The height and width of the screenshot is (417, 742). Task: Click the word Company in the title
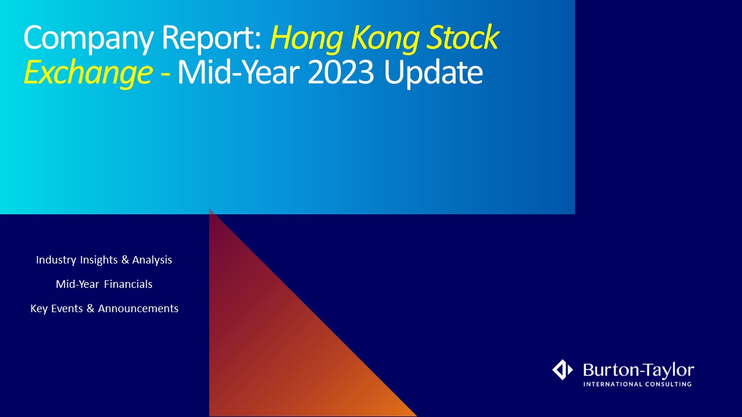click(88, 39)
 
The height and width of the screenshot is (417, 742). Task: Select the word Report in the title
click(212, 39)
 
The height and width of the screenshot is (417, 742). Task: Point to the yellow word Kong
click(384, 39)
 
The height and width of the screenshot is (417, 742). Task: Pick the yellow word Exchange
click(88, 74)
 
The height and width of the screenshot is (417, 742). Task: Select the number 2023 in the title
click(341, 72)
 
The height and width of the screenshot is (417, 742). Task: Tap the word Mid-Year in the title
click(238, 72)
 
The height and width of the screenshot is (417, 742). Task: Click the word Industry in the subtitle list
click(56, 260)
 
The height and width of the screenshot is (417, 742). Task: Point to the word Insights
click(99, 260)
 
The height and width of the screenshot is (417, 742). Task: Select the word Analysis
click(152, 260)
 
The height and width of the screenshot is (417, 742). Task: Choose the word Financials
click(128, 284)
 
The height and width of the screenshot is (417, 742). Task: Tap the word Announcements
click(138, 309)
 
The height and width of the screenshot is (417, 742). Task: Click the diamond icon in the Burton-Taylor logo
click(562, 370)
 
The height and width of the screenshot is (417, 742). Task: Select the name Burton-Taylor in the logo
click(639, 370)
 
